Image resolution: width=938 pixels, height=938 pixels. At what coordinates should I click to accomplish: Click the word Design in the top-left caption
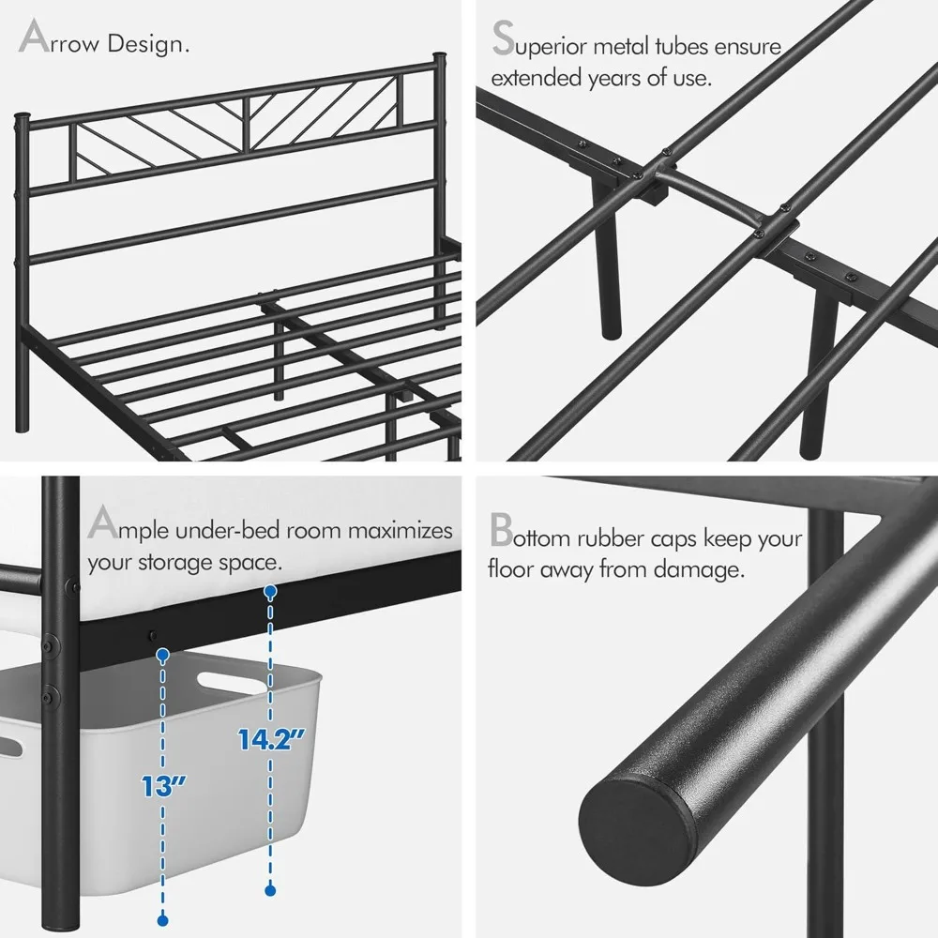click(147, 44)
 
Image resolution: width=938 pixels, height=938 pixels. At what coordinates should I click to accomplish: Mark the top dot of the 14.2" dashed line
click(270, 592)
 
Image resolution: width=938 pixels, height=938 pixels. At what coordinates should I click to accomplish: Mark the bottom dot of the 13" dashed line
click(163, 919)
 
